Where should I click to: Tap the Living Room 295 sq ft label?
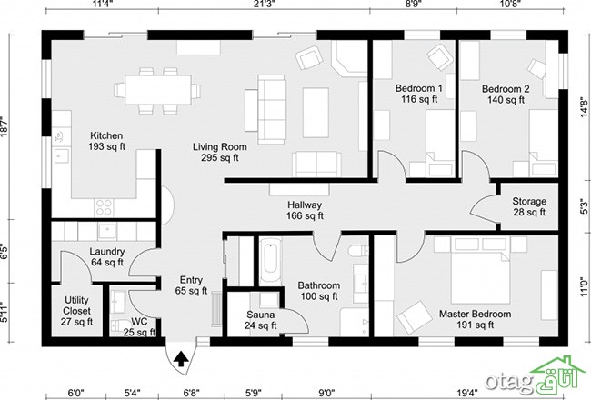(x=220, y=153)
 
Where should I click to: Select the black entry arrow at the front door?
(x=181, y=358)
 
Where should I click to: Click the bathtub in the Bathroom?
(x=270, y=261)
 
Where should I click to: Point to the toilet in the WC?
(x=119, y=325)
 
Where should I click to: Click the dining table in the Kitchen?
(x=158, y=90)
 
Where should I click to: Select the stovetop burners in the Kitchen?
(x=104, y=207)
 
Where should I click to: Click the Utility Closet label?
(x=77, y=311)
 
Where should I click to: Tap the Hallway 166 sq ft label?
(x=305, y=210)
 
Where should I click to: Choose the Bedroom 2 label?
(x=506, y=95)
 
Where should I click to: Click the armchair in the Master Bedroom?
(x=415, y=317)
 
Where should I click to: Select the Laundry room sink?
(x=107, y=231)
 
